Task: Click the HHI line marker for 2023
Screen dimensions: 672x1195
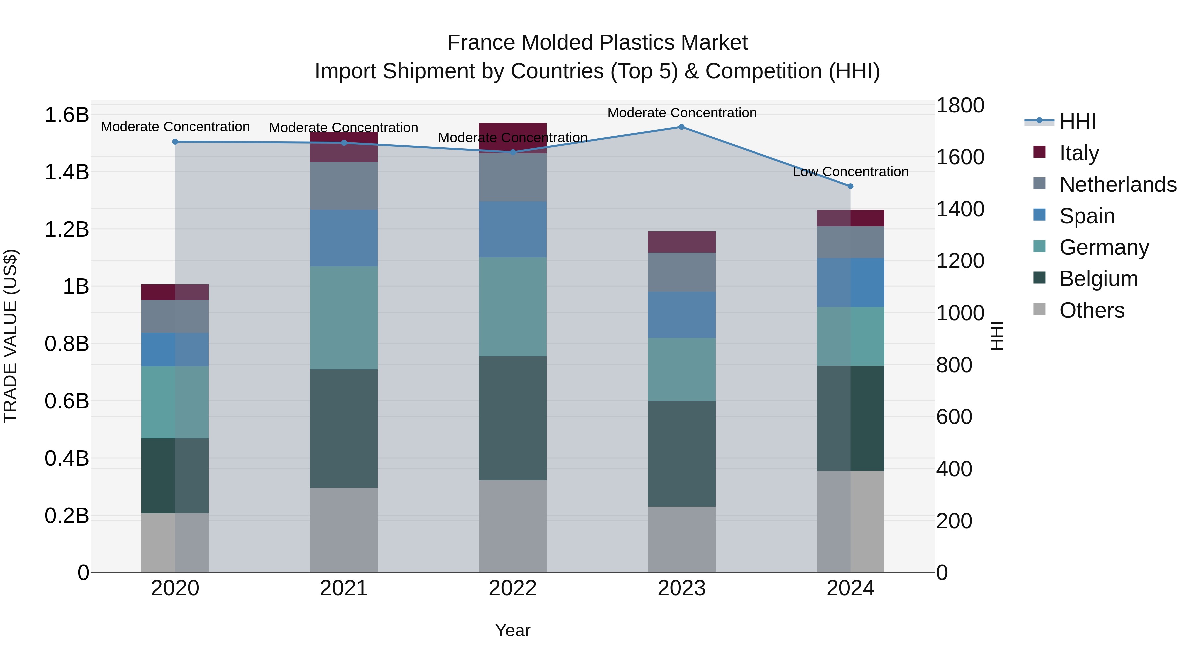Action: tap(681, 127)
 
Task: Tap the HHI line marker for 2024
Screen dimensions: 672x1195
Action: tap(850, 186)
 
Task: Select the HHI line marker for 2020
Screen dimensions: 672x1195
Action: tap(175, 142)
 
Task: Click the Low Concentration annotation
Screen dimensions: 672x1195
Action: tap(850, 172)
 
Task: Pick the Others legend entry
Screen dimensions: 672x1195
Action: tap(1091, 310)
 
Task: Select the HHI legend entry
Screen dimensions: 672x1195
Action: tap(1077, 121)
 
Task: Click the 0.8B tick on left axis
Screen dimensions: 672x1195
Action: tap(67, 344)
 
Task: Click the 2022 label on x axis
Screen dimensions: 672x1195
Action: tap(513, 588)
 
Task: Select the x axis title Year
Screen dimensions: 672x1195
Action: tap(513, 630)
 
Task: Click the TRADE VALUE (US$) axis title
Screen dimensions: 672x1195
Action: tap(10, 336)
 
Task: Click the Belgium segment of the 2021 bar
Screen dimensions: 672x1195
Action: tap(344, 428)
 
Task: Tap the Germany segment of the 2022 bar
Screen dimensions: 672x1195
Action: tap(513, 307)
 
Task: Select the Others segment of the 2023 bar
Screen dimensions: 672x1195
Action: tap(681, 539)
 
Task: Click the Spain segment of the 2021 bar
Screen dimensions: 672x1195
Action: tap(344, 238)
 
